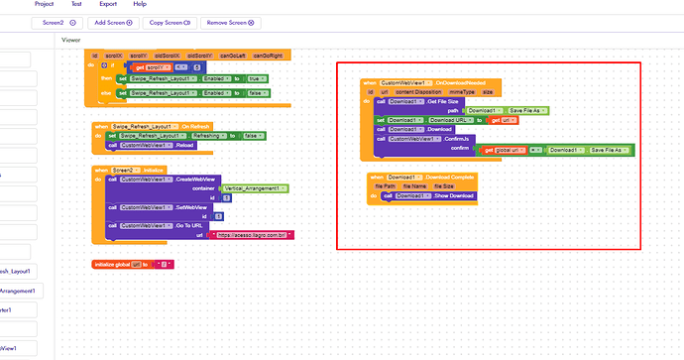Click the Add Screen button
tap(113, 22)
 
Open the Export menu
tap(107, 5)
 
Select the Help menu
tap(140, 5)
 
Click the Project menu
tap(45, 5)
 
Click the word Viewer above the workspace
tap(71, 41)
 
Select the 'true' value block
tap(255, 78)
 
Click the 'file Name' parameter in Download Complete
tap(415, 185)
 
